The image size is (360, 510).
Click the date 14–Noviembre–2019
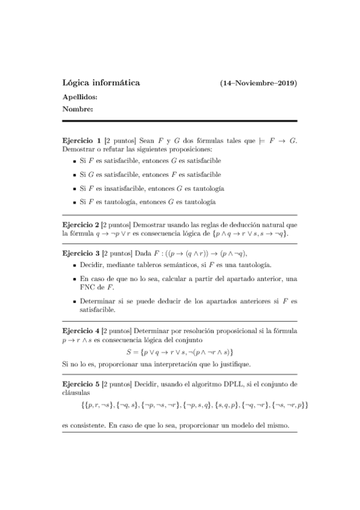point(259,83)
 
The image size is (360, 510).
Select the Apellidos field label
point(80,96)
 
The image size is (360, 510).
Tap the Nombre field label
point(78,109)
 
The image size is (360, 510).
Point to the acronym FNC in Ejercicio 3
point(73,287)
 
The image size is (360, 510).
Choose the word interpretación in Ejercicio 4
point(183,364)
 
